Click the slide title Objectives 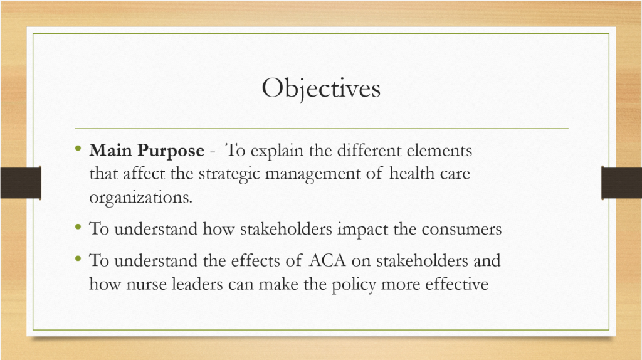coord(321,88)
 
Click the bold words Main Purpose coord(147,151)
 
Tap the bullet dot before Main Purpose coord(78,148)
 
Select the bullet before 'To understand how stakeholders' coord(78,226)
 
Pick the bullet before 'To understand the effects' coord(78,258)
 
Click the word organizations coord(141,198)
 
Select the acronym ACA coord(327,260)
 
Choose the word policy coord(354,285)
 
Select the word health coord(412,173)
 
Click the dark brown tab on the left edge coord(21,183)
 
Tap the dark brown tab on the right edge coord(621,183)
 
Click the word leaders coord(197,284)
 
